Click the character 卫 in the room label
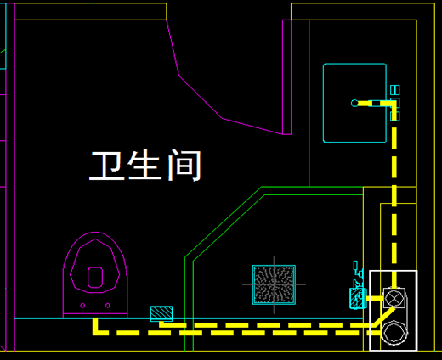[x=107, y=166]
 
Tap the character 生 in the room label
[x=144, y=166]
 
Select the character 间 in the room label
[x=184, y=166]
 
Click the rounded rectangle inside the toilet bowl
[x=95, y=278]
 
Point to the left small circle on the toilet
[x=82, y=306]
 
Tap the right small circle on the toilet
[x=107, y=306]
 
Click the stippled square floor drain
[x=274, y=284]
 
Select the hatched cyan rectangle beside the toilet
[x=161, y=313]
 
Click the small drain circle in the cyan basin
[x=354, y=104]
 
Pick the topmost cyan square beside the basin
[x=395, y=90]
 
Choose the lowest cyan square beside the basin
[x=395, y=116]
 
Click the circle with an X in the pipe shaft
[x=394, y=298]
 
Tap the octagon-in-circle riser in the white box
[x=394, y=332]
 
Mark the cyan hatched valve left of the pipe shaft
[x=358, y=298]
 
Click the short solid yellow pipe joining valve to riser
[x=375, y=298]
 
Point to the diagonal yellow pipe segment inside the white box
[x=384, y=317]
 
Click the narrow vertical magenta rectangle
[x=286, y=77]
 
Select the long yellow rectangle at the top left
[x=90, y=11]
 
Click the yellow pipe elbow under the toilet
[x=96, y=329]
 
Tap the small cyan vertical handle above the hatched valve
[x=355, y=266]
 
